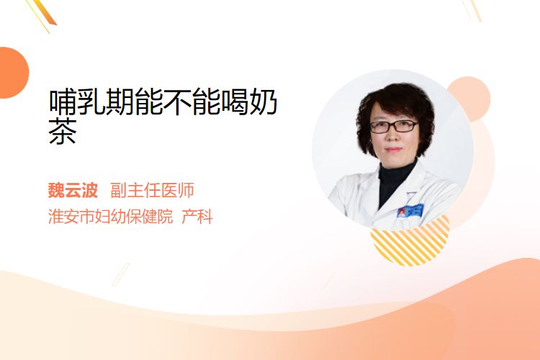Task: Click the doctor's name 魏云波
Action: (x=73, y=190)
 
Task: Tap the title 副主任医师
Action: (x=152, y=190)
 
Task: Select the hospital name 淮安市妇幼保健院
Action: (x=110, y=216)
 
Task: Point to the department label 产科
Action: (x=197, y=216)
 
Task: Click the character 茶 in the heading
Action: (x=63, y=131)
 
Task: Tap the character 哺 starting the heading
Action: (x=63, y=102)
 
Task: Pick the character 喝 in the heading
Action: (x=234, y=102)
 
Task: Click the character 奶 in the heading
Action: (x=263, y=102)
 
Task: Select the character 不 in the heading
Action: (x=177, y=102)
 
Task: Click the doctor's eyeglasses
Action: (x=394, y=127)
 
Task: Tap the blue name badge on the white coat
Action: (x=410, y=211)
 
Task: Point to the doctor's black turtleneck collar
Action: (x=396, y=174)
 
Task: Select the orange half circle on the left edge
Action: (x=13, y=73)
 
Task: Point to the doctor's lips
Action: (x=393, y=150)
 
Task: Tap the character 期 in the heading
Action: (x=120, y=102)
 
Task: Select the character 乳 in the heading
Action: (x=91, y=102)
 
